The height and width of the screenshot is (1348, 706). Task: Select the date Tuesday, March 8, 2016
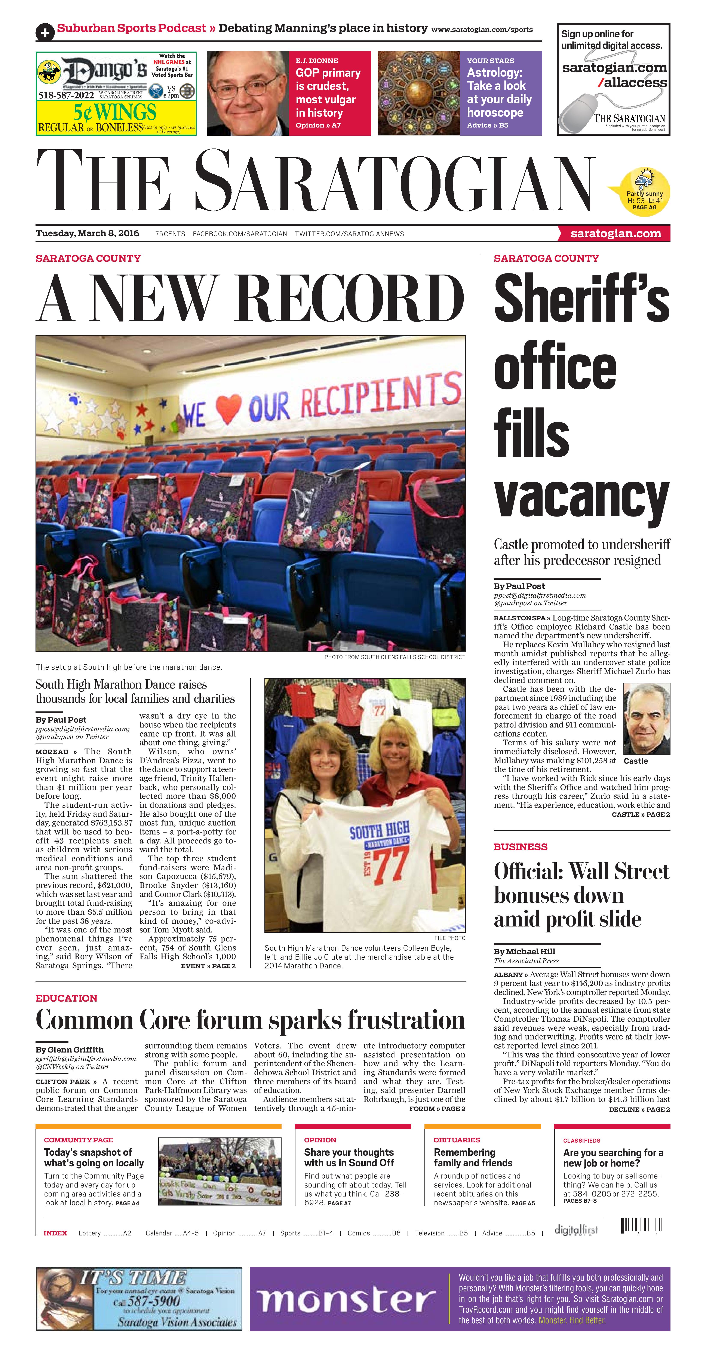88,233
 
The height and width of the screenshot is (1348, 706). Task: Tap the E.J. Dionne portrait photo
248,93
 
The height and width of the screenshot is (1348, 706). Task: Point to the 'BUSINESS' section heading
520,847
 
